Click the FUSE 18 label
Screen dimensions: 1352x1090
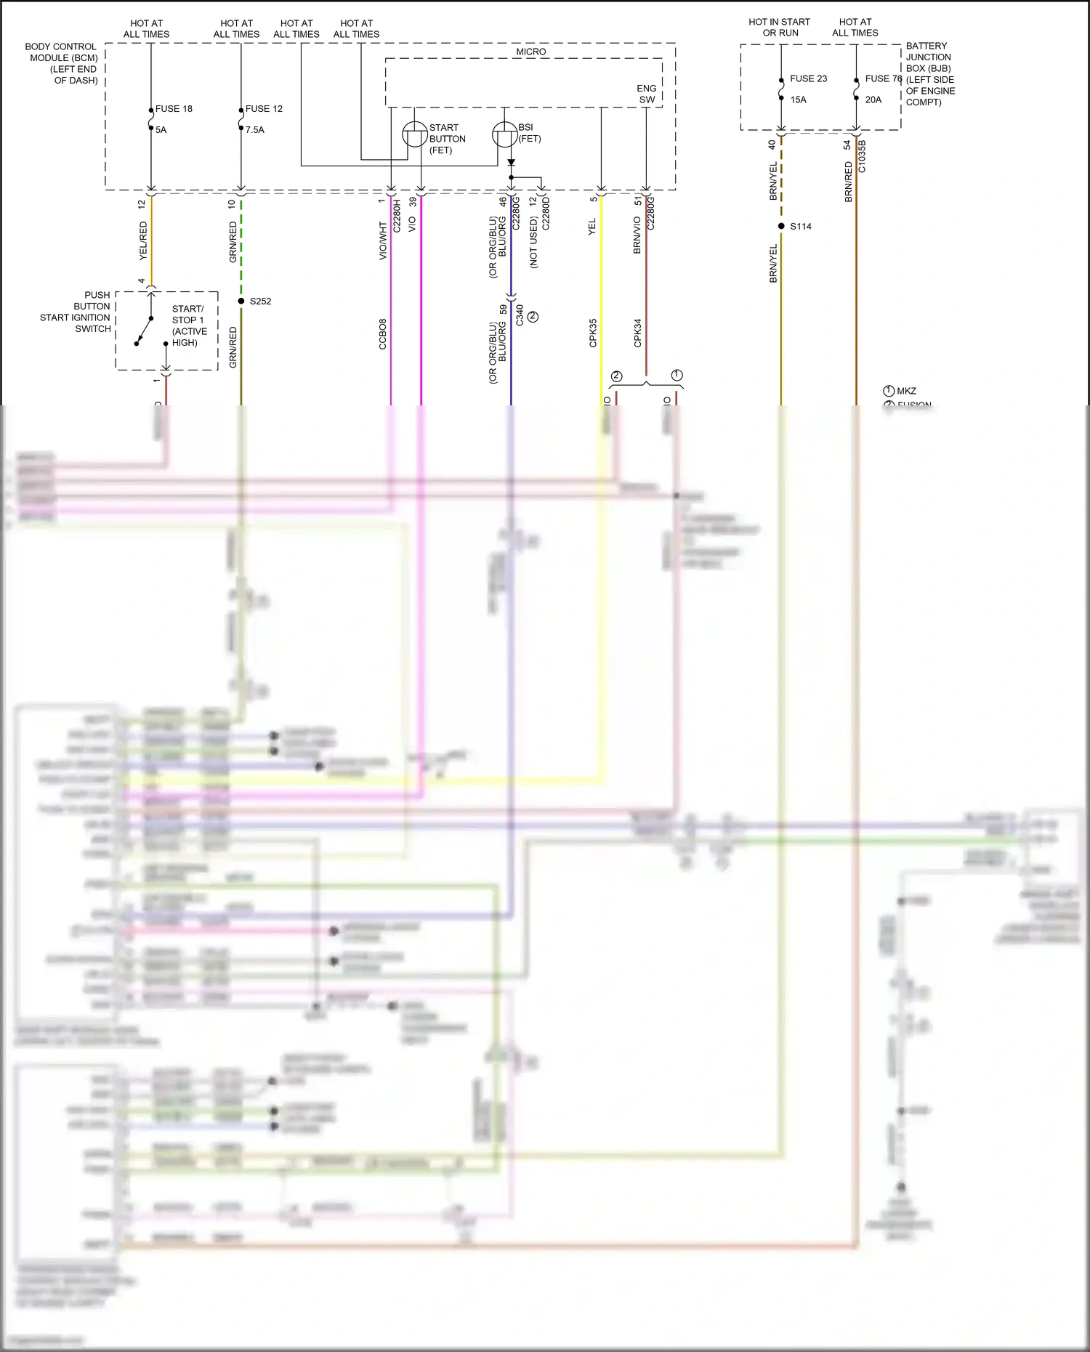click(174, 109)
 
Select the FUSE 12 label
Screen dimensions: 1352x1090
click(264, 109)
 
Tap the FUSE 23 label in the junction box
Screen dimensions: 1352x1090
click(808, 78)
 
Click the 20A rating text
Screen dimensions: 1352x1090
click(873, 100)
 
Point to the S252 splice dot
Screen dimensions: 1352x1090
click(241, 301)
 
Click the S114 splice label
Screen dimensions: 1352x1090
click(800, 227)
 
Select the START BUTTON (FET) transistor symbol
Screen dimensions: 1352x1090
click(414, 134)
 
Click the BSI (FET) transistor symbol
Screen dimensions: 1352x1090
click(504, 134)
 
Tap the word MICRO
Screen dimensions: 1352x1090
click(530, 52)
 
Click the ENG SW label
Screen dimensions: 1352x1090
click(647, 94)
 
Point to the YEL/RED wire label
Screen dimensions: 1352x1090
click(143, 241)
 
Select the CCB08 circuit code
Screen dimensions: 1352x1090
click(383, 334)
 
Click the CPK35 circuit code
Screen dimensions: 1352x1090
click(593, 333)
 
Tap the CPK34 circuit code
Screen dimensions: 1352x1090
click(638, 333)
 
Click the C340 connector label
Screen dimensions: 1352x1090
click(520, 315)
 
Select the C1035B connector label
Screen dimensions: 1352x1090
click(862, 156)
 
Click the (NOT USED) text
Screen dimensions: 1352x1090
click(533, 243)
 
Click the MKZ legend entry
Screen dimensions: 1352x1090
click(905, 391)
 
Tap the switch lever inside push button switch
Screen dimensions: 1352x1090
click(144, 331)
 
